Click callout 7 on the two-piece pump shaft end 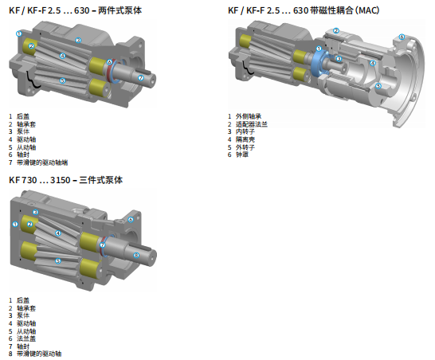pos(141,78)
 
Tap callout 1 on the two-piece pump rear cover pos(19,33)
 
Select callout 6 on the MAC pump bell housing pos(402,37)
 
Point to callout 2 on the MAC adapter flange pos(336,30)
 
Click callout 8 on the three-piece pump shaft pos(136,255)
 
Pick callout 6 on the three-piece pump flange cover pos(131,220)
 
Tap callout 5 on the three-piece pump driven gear pos(58,260)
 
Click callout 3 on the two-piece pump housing pos(78,41)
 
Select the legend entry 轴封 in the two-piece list pos(23,155)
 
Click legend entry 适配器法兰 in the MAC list pos(252,124)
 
